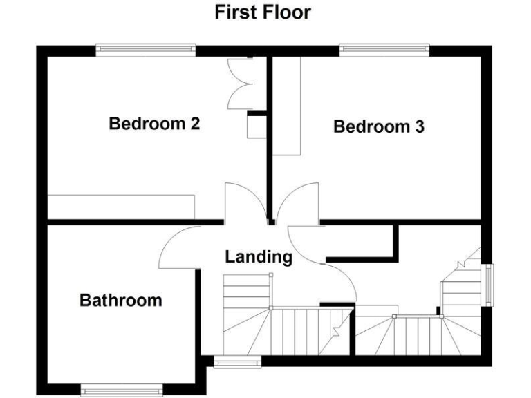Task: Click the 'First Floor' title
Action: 262,12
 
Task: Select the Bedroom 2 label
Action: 154,124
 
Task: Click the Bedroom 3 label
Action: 378,127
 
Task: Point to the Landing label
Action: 259,257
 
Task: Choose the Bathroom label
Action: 120,301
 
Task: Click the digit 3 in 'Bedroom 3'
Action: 419,127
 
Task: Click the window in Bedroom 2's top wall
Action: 145,50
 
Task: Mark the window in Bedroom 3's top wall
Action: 384,50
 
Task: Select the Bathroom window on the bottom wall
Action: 122,391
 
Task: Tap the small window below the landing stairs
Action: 236,361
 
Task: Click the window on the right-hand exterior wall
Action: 489,284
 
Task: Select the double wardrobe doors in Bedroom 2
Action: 241,83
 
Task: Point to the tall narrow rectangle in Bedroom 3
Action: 286,106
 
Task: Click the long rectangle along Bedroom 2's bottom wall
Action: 121,207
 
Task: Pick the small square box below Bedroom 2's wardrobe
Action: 257,127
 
